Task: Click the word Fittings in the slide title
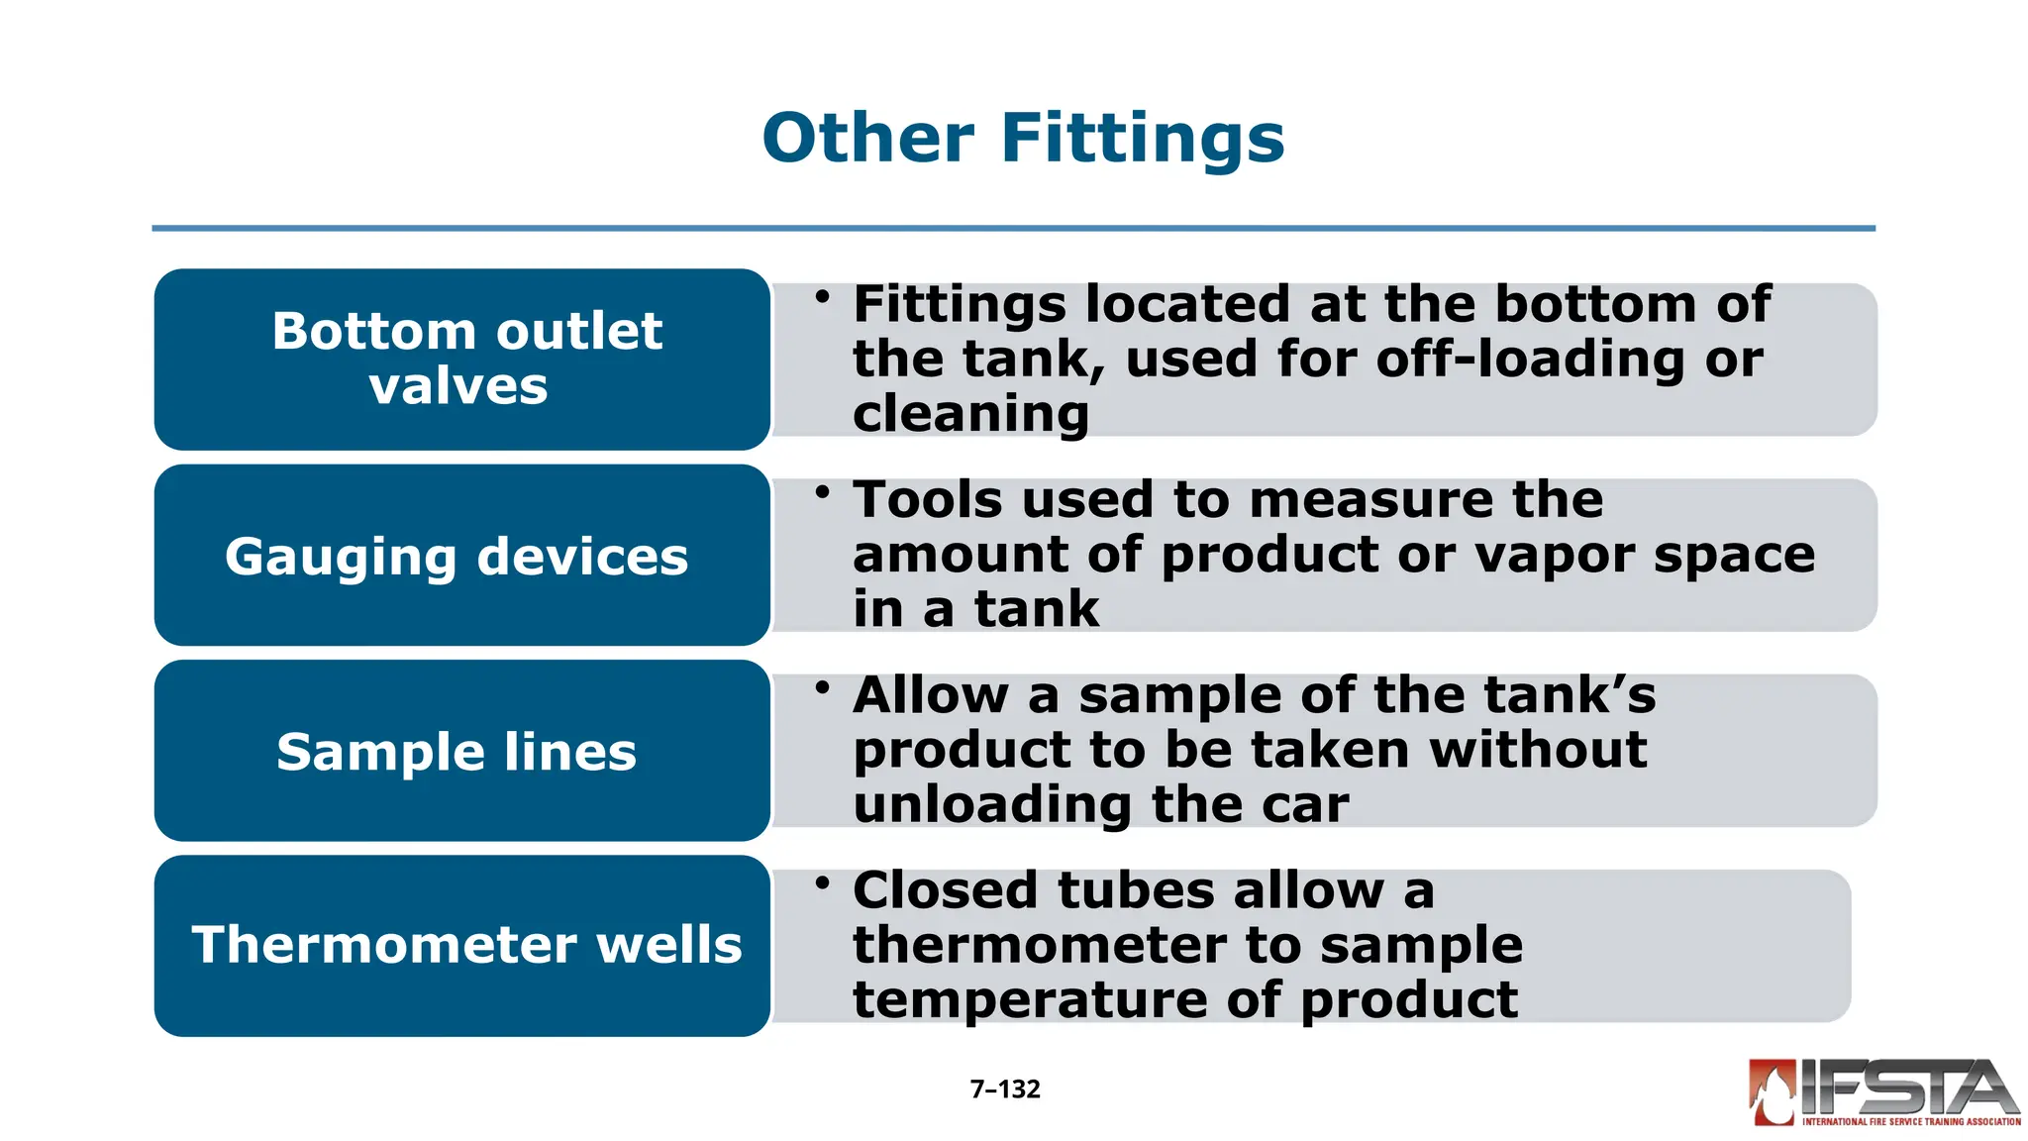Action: pos(1143,139)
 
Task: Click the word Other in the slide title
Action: pos(868,139)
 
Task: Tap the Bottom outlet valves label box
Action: pos(462,359)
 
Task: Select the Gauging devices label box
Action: pos(462,555)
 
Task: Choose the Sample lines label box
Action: pos(462,751)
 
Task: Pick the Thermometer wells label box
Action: pos(462,946)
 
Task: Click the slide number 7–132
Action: pos(1005,1089)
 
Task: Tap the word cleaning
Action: pos(970,414)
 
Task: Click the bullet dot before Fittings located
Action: pos(822,295)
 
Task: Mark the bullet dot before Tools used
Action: pos(822,491)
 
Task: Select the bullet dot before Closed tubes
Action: pos(822,882)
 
